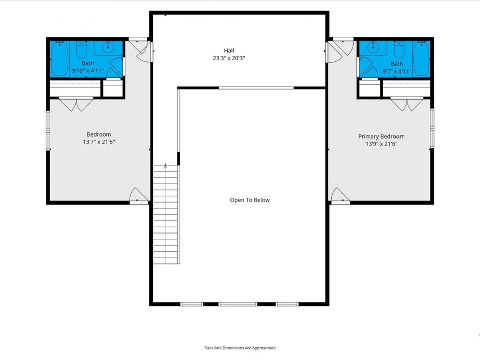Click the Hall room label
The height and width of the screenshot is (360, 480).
(229, 51)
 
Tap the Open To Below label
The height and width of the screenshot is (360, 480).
(250, 200)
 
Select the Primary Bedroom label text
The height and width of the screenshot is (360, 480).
(381, 136)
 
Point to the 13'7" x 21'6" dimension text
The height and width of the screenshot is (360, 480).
(99, 142)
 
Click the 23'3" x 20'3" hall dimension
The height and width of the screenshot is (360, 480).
(229, 58)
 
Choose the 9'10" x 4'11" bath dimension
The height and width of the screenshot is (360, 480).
(88, 70)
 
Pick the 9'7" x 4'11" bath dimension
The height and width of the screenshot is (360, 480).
(397, 71)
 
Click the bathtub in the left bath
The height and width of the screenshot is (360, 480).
(59, 59)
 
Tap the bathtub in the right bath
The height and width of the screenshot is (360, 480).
(421, 59)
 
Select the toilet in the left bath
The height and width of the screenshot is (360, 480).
(81, 50)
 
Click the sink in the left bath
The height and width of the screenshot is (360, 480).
(108, 48)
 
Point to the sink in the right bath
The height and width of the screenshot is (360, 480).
(372, 48)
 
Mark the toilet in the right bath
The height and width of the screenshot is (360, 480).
(399, 50)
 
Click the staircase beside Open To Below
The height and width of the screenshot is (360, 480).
(165, 214)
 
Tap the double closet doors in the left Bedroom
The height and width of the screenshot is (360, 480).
(76, 105)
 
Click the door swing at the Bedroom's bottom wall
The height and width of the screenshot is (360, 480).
(140, 195)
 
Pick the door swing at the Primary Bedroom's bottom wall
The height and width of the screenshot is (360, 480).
(340, 195)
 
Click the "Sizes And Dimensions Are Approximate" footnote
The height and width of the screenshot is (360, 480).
(240, 348)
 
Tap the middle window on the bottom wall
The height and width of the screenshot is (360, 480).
(237, 304)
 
